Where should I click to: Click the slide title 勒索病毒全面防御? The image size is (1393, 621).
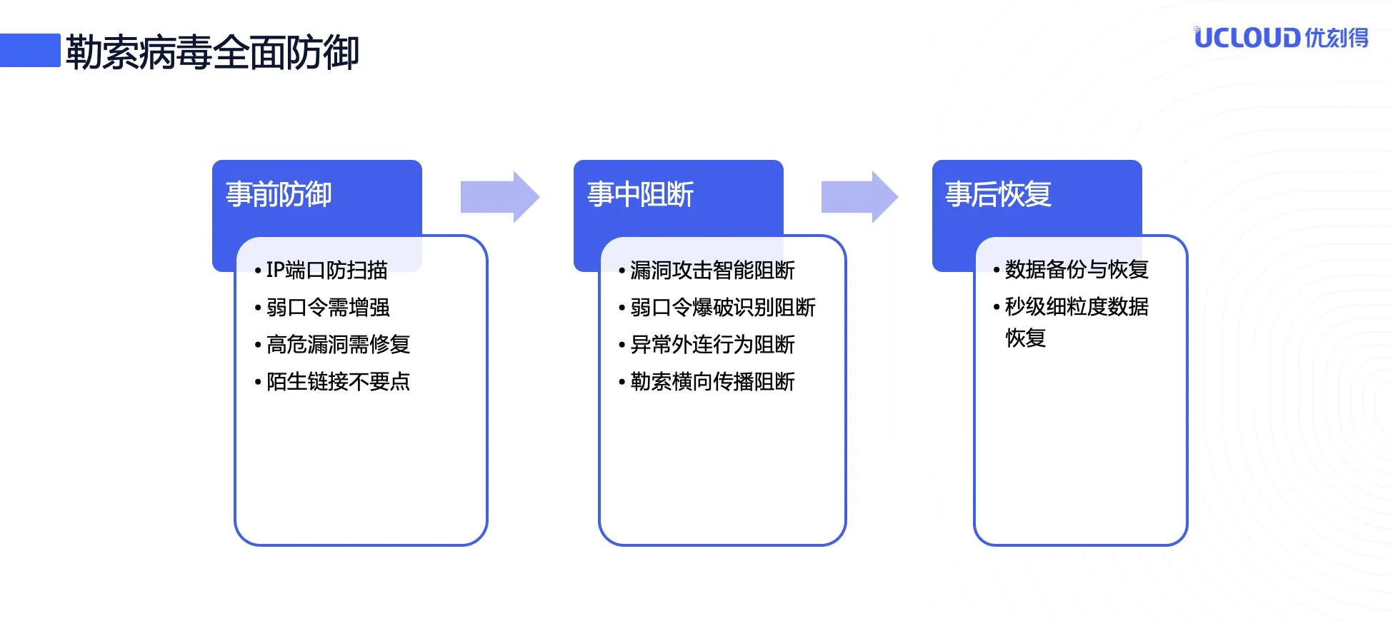coord(212,52)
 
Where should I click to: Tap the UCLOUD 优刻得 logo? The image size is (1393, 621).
coord(1281,38)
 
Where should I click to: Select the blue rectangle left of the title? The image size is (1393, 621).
coord(30,50)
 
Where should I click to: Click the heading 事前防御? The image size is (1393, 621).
coord(279,194)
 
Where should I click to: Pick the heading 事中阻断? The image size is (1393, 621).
coord(640,194)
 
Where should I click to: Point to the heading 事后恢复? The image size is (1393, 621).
coord(998,194)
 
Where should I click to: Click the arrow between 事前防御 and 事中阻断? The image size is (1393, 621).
coord(499,197)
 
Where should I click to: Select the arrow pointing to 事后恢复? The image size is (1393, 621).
coord(859,197)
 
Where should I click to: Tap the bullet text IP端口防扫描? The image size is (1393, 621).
coord(326,270)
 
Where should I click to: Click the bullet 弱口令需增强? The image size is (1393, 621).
coord(328,307)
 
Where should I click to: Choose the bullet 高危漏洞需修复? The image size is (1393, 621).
coord(338,344)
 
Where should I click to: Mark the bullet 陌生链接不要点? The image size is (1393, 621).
coord(338,381)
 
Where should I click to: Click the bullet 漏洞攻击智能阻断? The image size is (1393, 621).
coord(712,270)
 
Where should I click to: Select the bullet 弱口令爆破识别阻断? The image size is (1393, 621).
coord(722,307)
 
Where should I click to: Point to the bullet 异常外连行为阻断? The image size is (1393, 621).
coord(712,344)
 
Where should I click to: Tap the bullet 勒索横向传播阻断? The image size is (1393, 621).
coord(712,381)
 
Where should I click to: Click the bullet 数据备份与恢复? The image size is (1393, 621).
coord(1077,269)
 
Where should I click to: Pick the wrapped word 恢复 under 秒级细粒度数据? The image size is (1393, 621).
coord(1026,338)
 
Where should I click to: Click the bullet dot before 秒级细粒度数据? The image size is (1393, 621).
coord(997,308)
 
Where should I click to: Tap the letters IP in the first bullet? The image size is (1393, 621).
coord(275,270)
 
